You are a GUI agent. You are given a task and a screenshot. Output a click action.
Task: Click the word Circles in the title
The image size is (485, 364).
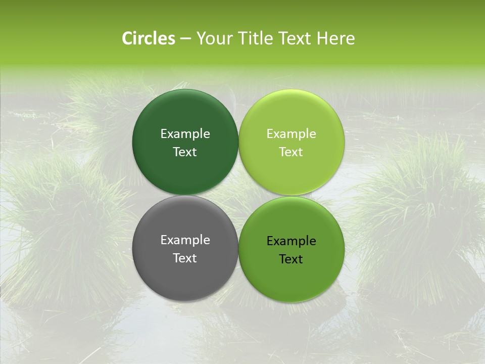point(149,38)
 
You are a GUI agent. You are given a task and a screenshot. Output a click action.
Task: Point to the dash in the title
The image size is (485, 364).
point(185,39)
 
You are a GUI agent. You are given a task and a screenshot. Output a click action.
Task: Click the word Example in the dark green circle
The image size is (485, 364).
point(185,134)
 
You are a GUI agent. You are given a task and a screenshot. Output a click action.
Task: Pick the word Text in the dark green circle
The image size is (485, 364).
point(185,152)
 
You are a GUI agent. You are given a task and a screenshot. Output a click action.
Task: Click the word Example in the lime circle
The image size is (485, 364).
point(292,134)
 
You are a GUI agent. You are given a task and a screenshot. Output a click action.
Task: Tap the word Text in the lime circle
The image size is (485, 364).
point(292,152)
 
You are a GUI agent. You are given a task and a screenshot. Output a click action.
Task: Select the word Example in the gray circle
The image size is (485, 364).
point(185,240)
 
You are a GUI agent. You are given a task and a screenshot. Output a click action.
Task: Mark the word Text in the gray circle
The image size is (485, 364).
point(185,258)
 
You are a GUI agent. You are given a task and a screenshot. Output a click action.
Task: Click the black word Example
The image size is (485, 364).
point(292,241)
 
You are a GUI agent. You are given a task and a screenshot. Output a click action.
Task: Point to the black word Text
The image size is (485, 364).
point(292,259)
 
